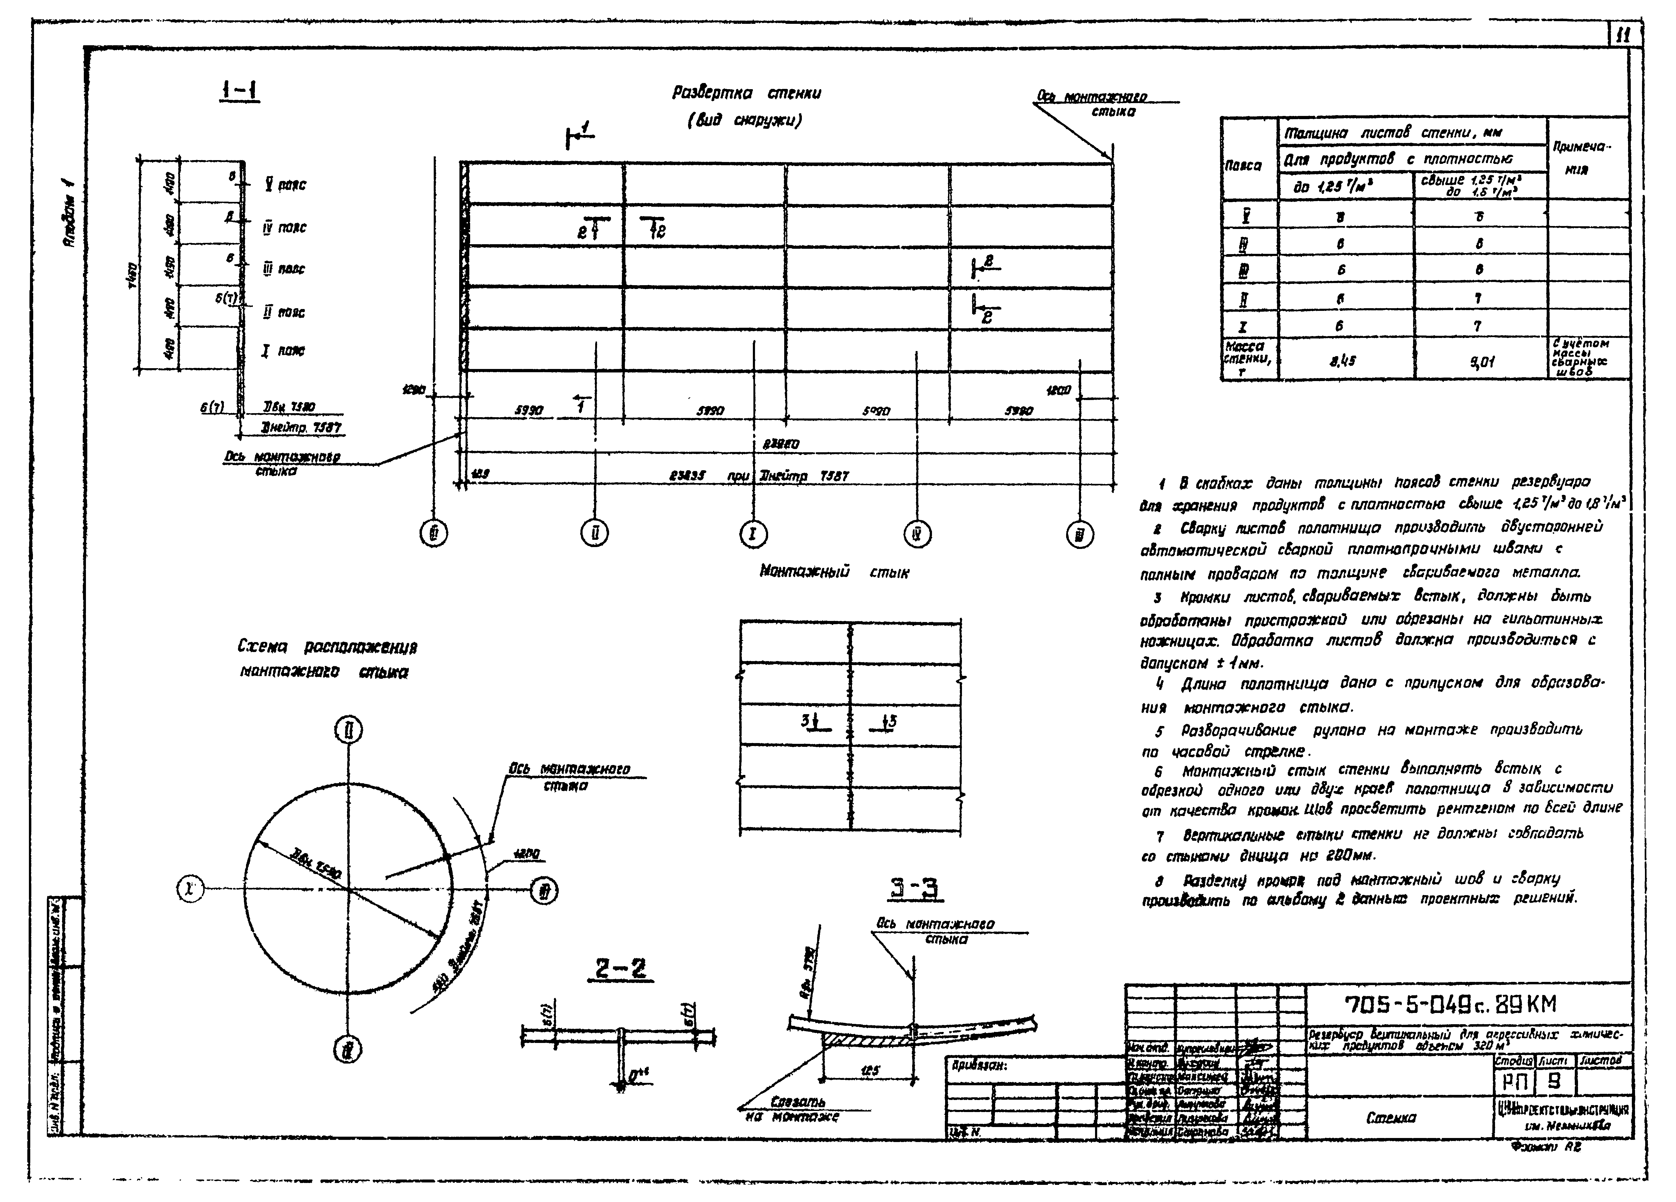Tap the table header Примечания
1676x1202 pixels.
pos(1587,157)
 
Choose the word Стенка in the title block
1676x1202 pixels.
pos(1391,1118)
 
